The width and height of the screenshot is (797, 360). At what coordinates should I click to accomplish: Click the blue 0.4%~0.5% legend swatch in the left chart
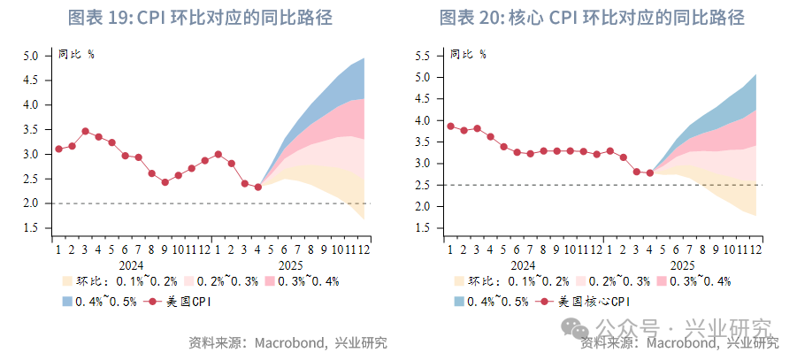point(67,302)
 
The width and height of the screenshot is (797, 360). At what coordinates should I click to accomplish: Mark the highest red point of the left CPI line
point(85,131)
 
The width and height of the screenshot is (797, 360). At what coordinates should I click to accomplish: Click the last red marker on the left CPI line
point(257,187)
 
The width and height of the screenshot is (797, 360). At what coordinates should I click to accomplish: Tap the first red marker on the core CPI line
point(450,126)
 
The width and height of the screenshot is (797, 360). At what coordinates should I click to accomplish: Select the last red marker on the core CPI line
point(649,172)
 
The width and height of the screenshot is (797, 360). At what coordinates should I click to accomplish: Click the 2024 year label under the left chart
point(131,264)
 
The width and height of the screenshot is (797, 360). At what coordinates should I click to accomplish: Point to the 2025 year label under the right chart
point(682,264)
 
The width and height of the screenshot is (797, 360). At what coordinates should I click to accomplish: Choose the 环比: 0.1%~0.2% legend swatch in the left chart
point(67,281)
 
